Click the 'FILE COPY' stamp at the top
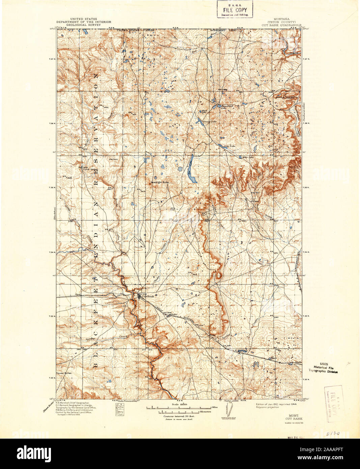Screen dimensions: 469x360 coord(234,10)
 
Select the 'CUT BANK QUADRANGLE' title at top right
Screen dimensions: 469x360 coord(281,25)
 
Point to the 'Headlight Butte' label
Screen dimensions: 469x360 coord(159,182)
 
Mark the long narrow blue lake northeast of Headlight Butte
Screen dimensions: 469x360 coord(191,169)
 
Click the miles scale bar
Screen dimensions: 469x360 coord(184,408)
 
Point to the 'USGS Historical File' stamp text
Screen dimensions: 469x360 coord(323,367)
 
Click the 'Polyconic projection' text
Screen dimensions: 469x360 coord(268,408)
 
